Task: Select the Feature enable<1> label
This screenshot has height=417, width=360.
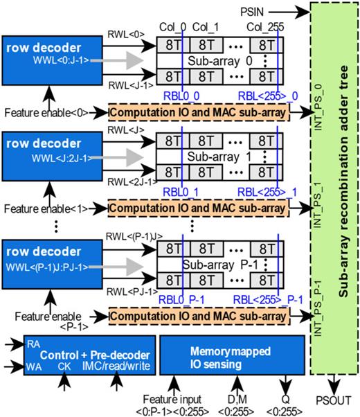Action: click(55, 208)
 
